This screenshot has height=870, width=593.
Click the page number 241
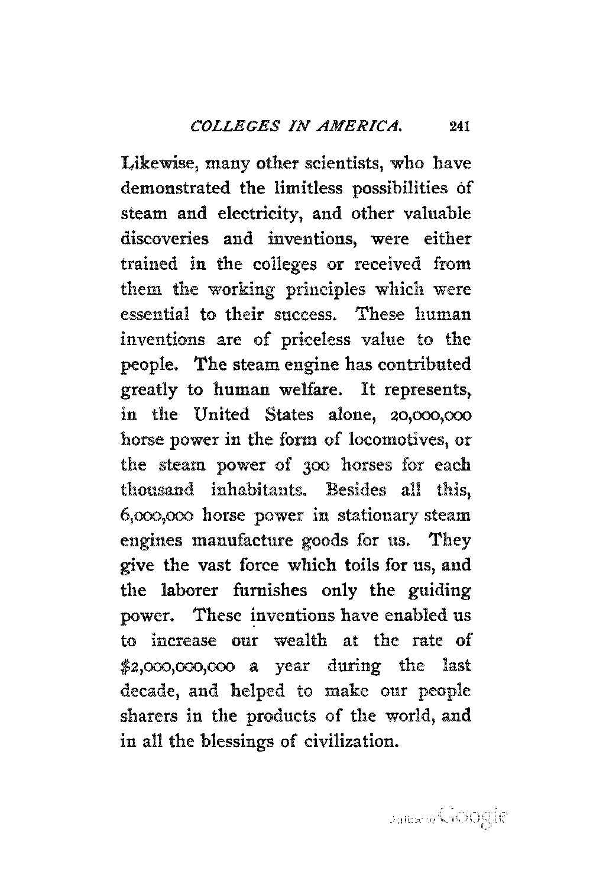point(459,126)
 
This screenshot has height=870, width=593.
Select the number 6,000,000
point(158,515)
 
